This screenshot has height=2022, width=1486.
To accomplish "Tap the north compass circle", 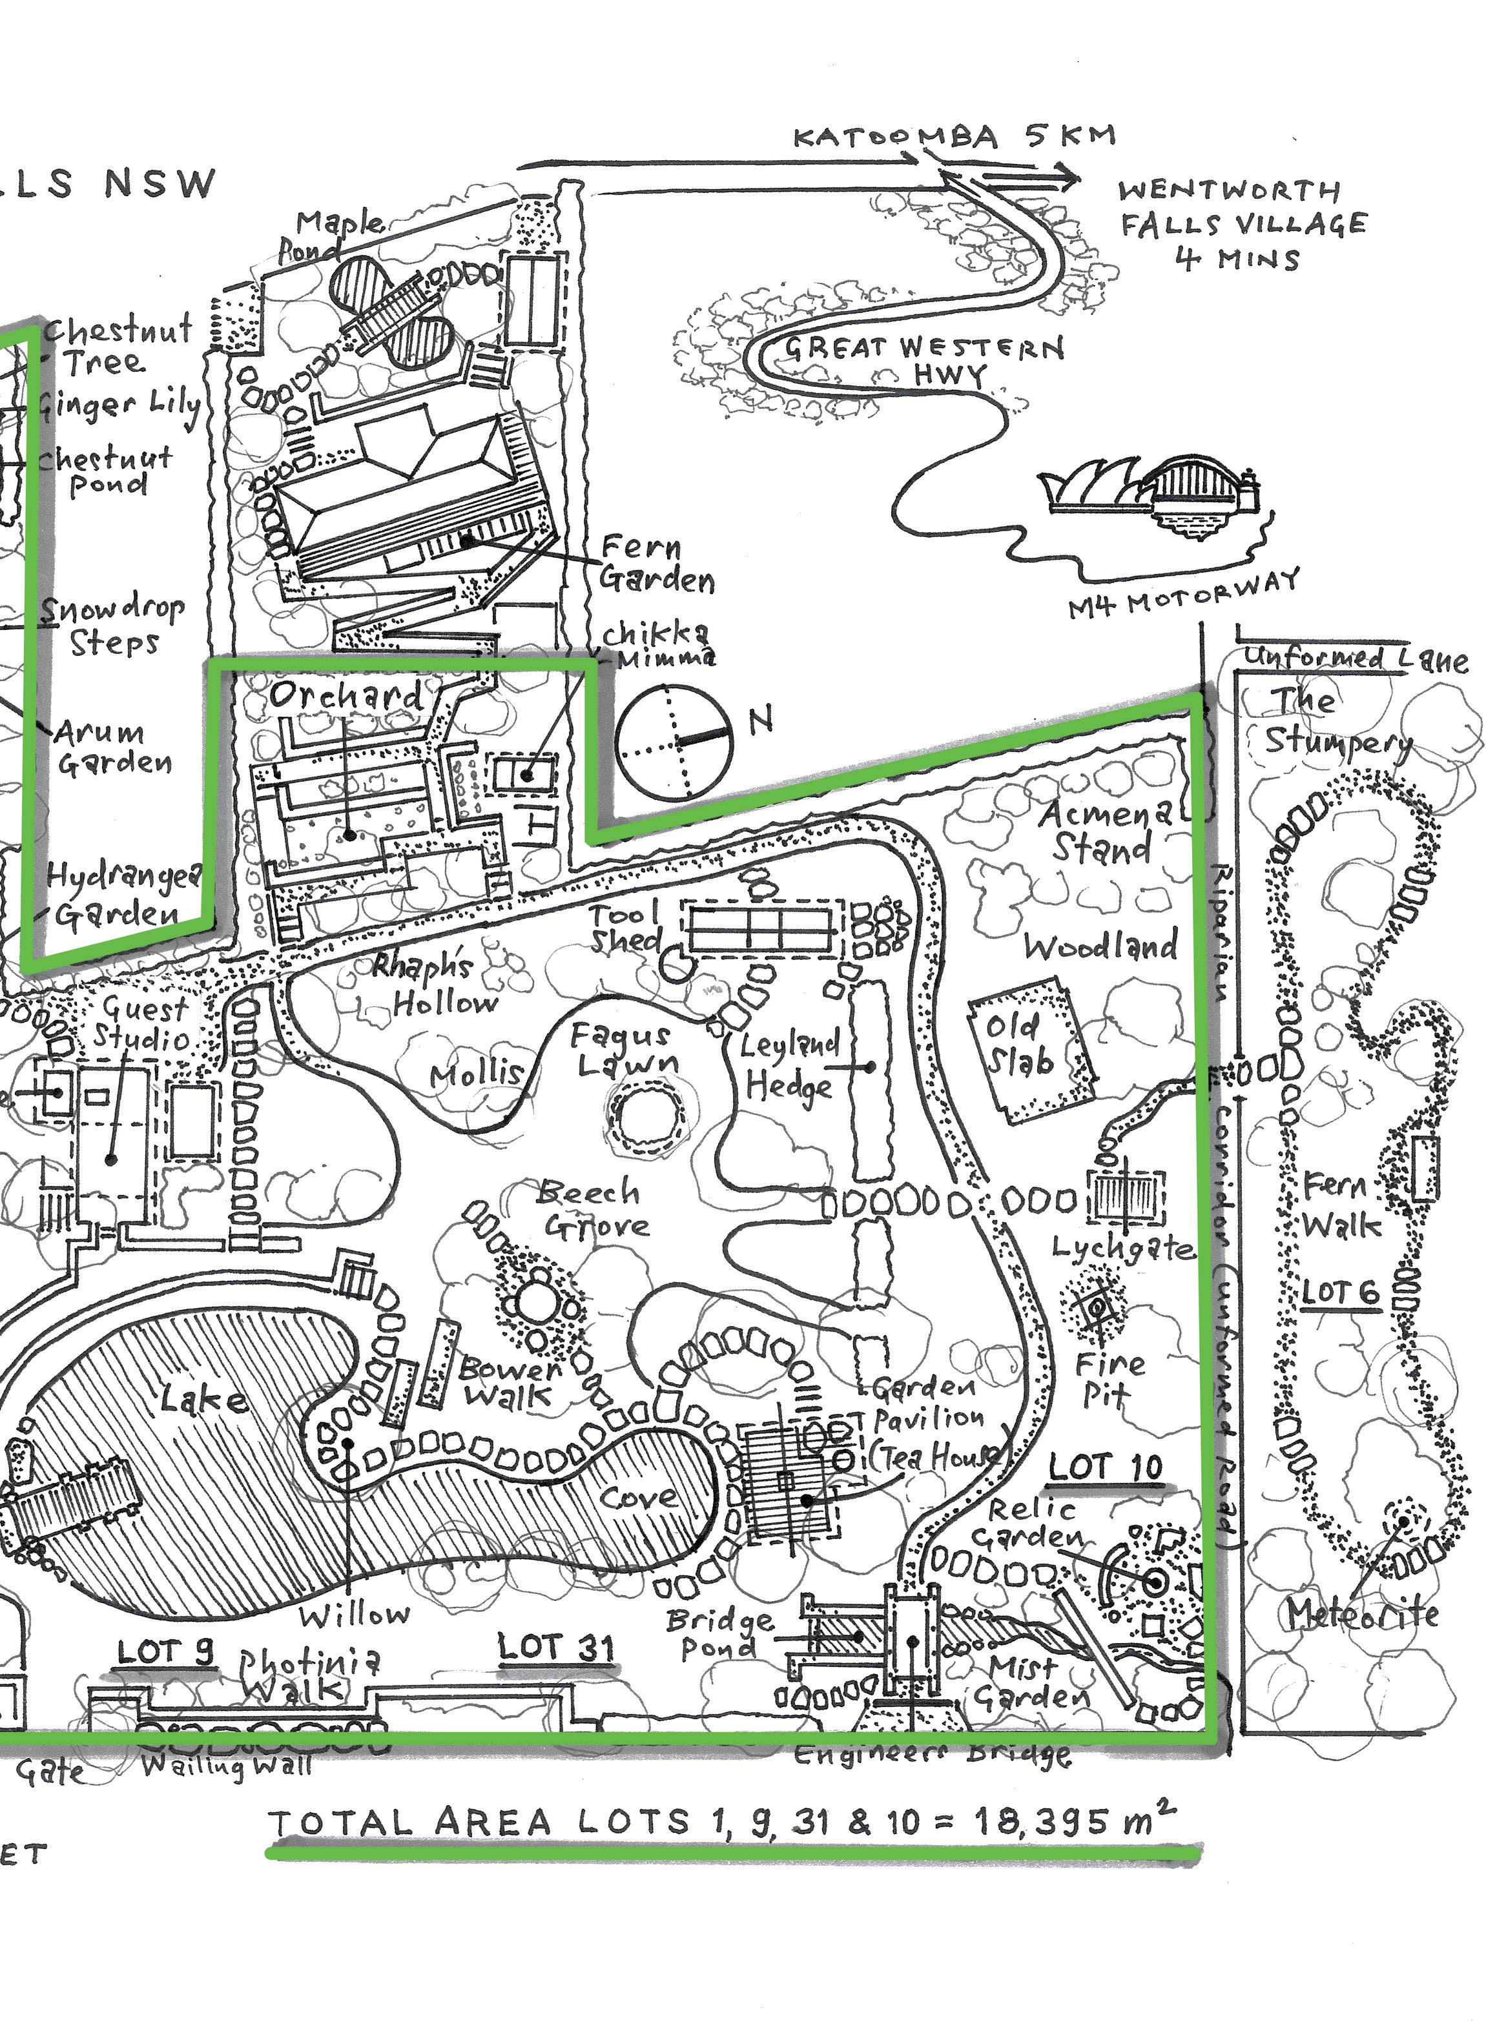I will click(675, 742).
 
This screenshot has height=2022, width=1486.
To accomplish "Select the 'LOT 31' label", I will click(557, 1647).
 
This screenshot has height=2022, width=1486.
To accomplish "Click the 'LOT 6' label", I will click(1340, 1291).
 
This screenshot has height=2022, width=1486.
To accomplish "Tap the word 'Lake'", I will click(204, 1398).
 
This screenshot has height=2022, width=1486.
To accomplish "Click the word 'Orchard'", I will click(346, 694).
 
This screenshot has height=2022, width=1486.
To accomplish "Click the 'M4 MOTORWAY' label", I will click(1184, 593).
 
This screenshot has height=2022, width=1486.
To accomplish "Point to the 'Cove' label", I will click(639, 1497).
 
